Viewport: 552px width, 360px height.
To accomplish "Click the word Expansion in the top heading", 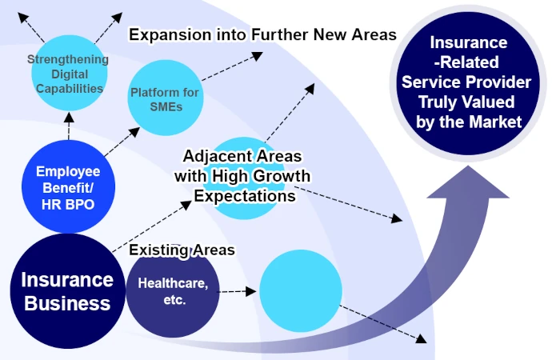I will [167, 35].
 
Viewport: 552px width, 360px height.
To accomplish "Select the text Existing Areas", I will [182, 250].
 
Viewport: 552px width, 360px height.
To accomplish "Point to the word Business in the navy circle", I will [67, 304].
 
